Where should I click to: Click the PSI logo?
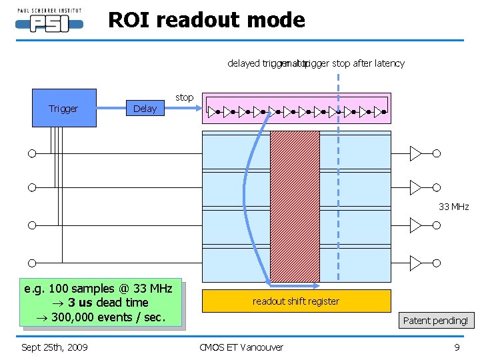[x=49, y=21]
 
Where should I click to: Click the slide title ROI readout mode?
[x=206, y=20]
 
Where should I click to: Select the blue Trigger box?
[x=64, y=108]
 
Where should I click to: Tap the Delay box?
[x=145, y=109]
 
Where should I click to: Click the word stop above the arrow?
[x=185, y=97]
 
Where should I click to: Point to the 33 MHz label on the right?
[x=453, y=207]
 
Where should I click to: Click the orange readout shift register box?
[x=296, y=301]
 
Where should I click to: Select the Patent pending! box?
[x=435, y=320]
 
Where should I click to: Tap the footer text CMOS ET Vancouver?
[x=241, y=347]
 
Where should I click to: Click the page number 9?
[x=457, y=347]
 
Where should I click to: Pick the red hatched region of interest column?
[x=295, y=206]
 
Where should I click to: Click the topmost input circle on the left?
[x=31, y=154]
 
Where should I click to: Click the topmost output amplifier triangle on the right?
[x=415, y=154]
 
